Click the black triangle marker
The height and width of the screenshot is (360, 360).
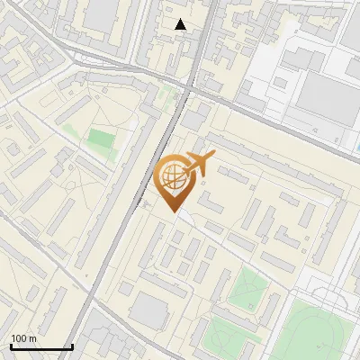click(181, 24)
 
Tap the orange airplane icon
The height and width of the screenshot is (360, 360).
click(200, 164)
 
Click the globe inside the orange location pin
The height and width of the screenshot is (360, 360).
click(172, 176)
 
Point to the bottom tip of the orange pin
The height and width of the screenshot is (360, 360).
click(172, 210)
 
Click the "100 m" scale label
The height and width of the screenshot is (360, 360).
click(23, 338)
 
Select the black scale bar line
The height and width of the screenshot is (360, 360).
click(41, 346)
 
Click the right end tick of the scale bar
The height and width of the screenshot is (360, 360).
click(72, 345)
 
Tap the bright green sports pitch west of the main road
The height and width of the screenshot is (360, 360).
click(101, 140)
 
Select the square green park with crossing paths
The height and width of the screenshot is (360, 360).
click(247, 289)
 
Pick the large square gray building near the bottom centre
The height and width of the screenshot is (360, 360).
click(148, 311)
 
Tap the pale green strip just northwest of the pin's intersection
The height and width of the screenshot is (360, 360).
click(166, 95)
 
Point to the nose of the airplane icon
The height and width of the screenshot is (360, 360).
click(215, 157)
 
